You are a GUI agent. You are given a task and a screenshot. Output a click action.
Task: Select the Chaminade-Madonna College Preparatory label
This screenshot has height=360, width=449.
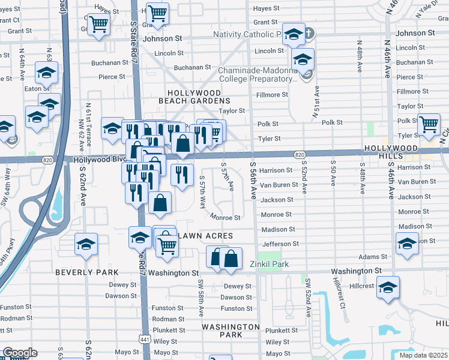point(253,74)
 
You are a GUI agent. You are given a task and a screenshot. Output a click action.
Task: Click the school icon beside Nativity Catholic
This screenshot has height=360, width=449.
point(294,34)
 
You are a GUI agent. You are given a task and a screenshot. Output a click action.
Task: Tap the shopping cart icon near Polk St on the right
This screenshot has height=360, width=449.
point(429,124)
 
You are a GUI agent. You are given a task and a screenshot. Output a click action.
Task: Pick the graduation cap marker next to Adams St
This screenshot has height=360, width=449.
point(407,244)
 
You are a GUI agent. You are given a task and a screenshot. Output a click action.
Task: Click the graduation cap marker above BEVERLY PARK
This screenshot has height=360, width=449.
point(86,244)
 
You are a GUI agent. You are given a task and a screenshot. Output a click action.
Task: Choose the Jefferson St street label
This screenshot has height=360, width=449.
point(280,244)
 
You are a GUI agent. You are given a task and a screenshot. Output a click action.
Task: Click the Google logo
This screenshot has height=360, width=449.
point(20,353)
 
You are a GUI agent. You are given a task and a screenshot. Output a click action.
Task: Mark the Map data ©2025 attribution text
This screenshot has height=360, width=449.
point(423,355)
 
